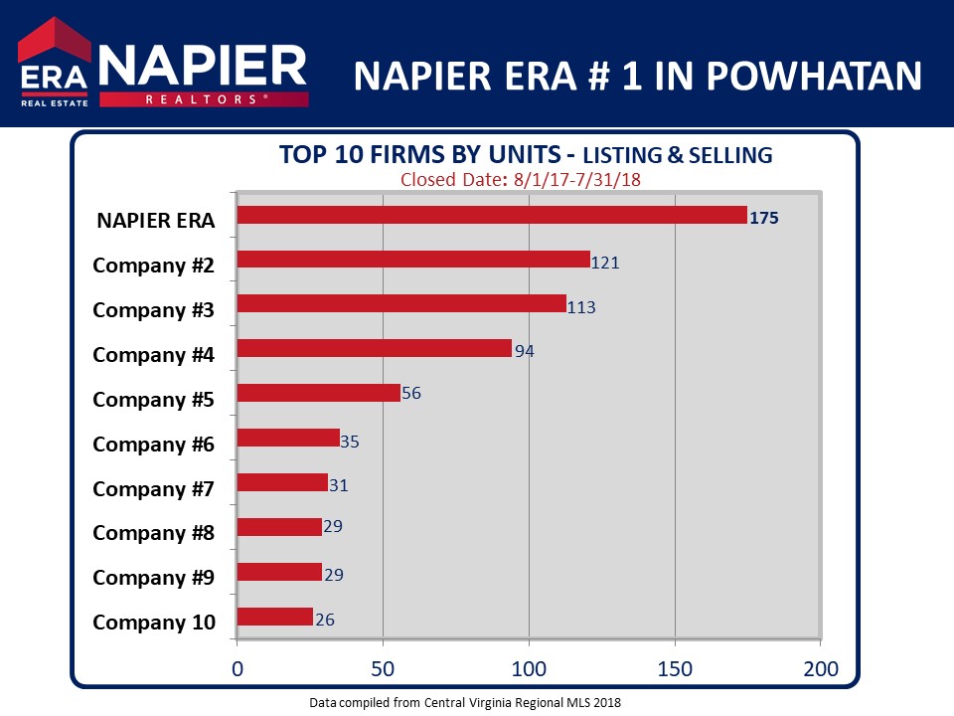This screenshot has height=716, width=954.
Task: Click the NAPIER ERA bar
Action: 492,215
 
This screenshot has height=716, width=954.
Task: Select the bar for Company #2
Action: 413,260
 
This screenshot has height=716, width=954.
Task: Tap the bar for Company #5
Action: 319,393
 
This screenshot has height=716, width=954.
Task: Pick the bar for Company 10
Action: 275,617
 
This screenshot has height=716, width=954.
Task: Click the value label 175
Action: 764,218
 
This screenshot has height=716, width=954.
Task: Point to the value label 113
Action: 581,307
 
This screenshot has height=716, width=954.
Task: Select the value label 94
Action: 525,352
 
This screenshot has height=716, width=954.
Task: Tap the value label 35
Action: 350,441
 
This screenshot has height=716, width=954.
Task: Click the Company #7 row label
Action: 153,488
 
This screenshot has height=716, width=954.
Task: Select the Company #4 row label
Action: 153,354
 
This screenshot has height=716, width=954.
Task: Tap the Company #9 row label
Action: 153,578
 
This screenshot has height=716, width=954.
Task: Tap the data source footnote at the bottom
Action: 465,702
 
